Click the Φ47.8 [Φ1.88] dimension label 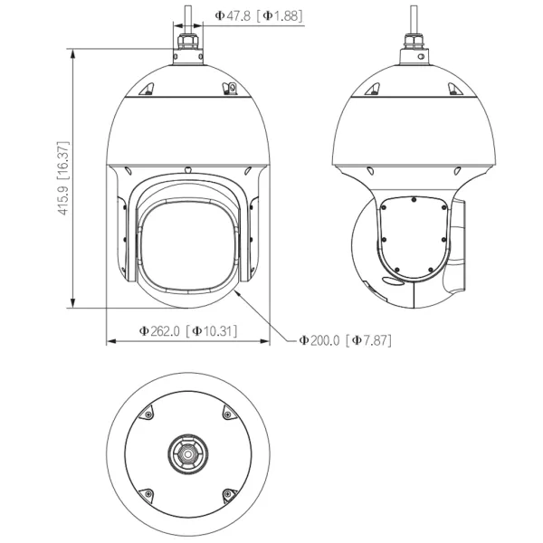(x=259, y=16)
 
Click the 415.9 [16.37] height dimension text (x=63, y=178)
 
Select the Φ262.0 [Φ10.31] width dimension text (x=188, y=331)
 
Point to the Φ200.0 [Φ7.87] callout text (x=346, y=340)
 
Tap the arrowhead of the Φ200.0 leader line (x=237, y=293)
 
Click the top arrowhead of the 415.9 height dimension (x=72, y=53)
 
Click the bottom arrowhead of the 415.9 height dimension (x=72, y=302)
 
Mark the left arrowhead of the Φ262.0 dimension (x=110, y=341)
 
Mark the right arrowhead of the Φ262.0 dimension (x=265, y=341)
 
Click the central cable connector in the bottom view (x=188, y=453)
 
